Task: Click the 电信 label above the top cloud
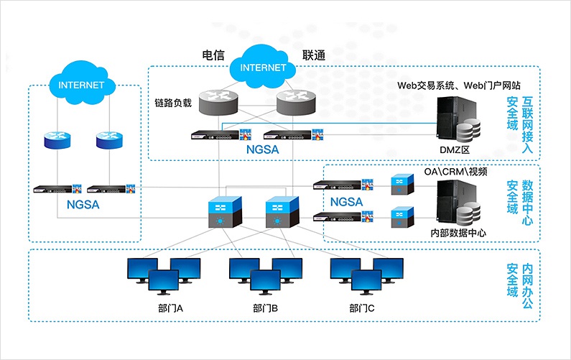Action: click(214, 55)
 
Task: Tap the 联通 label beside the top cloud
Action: click(314, 55)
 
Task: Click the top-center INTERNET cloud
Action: click(262, 68)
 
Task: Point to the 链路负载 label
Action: click(173, 103)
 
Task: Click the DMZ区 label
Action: click(454, 149)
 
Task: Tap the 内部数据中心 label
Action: click(458, 233)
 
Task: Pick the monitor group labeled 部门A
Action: click(164, 276)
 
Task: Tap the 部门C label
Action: click(362, 308)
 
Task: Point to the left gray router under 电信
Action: click(217, 101)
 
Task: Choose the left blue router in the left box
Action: click(59, 139)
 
